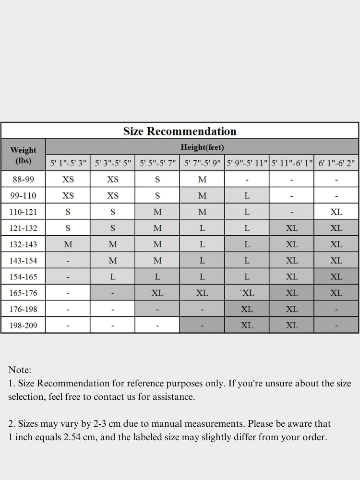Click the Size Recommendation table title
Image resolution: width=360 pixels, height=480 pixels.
[180, 131]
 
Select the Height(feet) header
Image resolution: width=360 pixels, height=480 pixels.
[202, 147]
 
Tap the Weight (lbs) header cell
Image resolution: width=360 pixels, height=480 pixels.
[23, 155]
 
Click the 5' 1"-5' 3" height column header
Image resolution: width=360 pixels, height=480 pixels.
[68, 163]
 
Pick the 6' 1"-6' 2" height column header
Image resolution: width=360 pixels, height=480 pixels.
[336, 163]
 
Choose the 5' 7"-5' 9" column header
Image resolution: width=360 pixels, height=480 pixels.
[202, 163]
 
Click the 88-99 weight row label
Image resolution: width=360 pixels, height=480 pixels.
[23, 180]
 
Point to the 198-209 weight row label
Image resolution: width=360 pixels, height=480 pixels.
[23, 325]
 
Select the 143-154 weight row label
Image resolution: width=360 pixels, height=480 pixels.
[23, 261]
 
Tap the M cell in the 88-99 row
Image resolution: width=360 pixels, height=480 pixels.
[202, 180]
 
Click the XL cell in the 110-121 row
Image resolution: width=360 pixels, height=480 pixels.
[336, 212]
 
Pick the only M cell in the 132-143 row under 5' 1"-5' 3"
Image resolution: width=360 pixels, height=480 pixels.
[68, 244]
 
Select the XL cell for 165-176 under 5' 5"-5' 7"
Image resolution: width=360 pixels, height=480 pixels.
[157, 293]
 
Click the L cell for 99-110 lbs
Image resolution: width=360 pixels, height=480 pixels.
[247, 196]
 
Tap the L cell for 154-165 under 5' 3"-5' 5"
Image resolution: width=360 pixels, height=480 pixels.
[112, 277]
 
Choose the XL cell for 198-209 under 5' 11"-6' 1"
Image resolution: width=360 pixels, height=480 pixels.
[292, 325]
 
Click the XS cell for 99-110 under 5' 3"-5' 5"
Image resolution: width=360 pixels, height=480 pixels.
[112, 196]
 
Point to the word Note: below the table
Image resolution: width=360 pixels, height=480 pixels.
[20, 370]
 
